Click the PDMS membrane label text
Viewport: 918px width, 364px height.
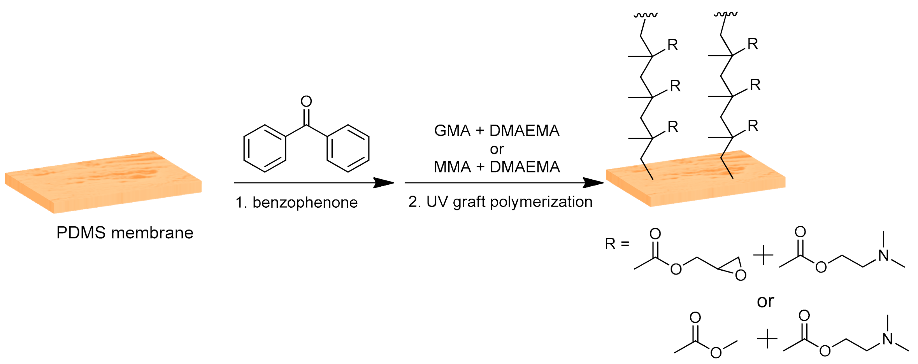pyautogui.click(x=125, y=233)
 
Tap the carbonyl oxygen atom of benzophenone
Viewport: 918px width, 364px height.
pyautogui.click(x=306, y=101)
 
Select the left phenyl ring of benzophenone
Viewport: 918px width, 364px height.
pyautogui.click(x=265, y=148)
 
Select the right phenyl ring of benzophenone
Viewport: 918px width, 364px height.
pyautogui.click(x=348, y=148)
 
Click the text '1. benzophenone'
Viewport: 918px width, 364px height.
pyautogui.click(x=297, y=203)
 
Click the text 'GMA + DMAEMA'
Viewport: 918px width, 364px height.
pyautogui.click(x=497, y=131)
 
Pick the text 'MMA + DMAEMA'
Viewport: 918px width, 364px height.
pyautogui.click(x=497, y=167)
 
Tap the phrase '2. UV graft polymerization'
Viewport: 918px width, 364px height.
pyautogui.click(x=500, y=202)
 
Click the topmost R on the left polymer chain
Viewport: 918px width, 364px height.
pyautogui.click(x=672, y=45)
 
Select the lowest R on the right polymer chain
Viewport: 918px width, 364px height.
pyautogui.click(x=753, y=126)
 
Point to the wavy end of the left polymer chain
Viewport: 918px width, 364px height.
pyautogui.click(x=645, y=15)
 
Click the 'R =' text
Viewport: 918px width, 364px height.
pyautogui.click(x=617, y=244)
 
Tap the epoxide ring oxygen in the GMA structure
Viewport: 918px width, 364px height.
pyautogui.click(x=741, y=275)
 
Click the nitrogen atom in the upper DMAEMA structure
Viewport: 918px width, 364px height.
pyautogui.click(x=884, y=255)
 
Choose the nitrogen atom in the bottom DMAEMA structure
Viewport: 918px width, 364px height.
pyautogui.click(x=888, y=339)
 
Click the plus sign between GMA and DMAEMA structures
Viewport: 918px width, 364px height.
pyautogui.click(x=764, y=255)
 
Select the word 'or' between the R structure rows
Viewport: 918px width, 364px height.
pyautogui.click(x=765, y=301)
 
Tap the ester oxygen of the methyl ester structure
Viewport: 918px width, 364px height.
pyautogui.click(x=716, y=353)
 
